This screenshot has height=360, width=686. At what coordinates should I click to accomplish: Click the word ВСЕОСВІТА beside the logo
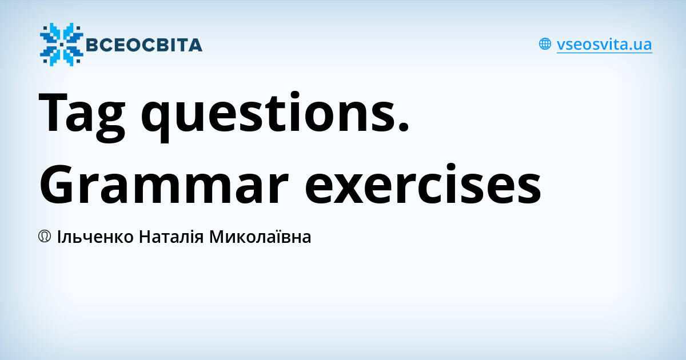[143, 45]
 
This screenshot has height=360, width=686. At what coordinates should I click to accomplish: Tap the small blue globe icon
[545, 44]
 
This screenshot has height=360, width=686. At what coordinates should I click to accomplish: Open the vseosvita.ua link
[604, 45]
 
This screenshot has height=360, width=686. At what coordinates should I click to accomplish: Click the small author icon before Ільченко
[45, 237]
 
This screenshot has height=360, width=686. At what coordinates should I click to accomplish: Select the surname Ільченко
[95, 237]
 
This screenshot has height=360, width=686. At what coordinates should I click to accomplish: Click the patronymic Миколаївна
[260, 237]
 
